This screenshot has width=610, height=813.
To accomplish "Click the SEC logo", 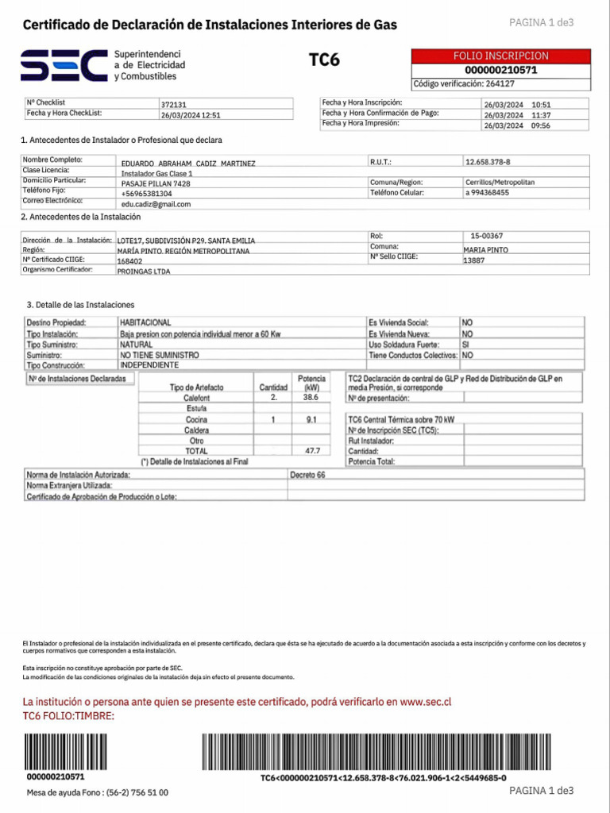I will pyautogui.click(x=64, y=64).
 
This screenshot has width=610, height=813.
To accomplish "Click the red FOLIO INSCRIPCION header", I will pyautogui.click(x=500, y=56).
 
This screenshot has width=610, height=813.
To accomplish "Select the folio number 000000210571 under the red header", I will pyautogui.click(x=500, y=70).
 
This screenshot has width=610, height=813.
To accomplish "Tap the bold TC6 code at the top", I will pyautogui.click(x=324, y=60).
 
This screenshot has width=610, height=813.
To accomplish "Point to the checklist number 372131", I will pyautogui.click(x=173, y=104).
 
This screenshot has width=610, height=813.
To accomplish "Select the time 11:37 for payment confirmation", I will pyautogui.click(x=541, y=114).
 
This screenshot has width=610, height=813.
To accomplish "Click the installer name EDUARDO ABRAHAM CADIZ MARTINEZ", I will pyautogui.click(x=188, y=163).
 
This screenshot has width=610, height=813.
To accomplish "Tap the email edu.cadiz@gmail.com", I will pyautogui.click(x=156, y=204).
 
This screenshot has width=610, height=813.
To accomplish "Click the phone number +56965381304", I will pyautogui.click(x=146, y=194).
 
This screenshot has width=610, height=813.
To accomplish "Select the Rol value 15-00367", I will pyautogui.click(x=486, y=236).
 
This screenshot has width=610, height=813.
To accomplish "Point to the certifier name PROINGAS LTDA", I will pyautogui.click(x=144, y=271).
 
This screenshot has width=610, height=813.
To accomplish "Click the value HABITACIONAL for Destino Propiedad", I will pyautogui.click(x=145, y=323).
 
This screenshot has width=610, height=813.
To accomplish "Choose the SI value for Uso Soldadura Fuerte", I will pyautogui.click(x=466, y=345).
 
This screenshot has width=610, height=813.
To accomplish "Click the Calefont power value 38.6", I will pyautogui.click(x=311, y=397).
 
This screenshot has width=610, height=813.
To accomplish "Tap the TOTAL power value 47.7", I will pyautogui.click(x=312, y=450).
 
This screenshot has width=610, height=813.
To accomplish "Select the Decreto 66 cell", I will pyautogui.click(x=307, y=475).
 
